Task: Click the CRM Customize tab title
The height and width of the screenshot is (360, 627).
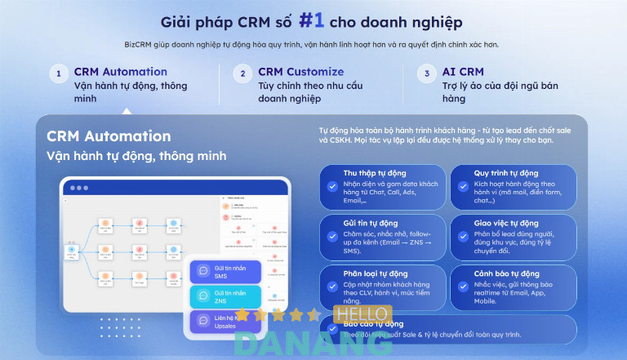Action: point(300,72)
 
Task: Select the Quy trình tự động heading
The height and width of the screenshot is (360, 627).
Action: point(506,173)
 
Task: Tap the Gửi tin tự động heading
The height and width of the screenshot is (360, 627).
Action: point(371,223)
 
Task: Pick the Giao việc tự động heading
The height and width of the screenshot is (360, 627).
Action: point(506,223)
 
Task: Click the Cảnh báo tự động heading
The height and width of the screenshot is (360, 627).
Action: point(506,273)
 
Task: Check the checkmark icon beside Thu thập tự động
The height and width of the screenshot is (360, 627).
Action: point(332,186)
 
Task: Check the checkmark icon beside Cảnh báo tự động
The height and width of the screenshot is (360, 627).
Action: point(462,287)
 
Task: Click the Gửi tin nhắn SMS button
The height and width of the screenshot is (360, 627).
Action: point(225,272)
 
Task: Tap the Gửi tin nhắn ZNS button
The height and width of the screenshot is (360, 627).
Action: point(225,297)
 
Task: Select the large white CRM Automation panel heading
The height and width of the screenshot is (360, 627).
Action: point(109,136)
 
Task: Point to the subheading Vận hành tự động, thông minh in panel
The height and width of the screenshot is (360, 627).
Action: point(136,156)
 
